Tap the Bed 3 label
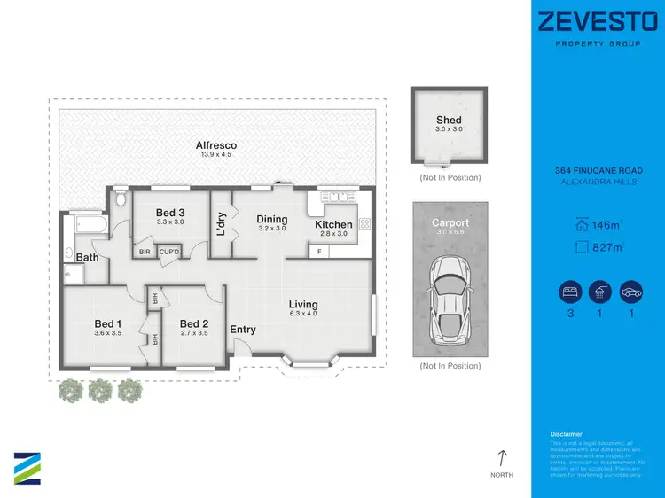[170, 213]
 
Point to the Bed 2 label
[193, 323]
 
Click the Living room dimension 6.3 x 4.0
[303, 314]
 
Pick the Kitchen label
[333, 224]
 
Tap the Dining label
[272, 219]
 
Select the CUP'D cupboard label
[170, 253]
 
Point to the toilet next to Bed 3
[121, 198]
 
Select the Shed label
[449, 121]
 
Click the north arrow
[502, 458]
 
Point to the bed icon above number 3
[568, 292]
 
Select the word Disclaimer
[565, 434]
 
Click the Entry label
[243, 330]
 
